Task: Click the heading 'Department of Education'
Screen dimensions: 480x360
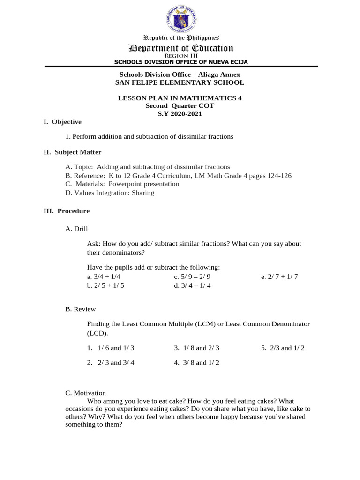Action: (x=181, y=48)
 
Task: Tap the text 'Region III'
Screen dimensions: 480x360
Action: (x=181, y=56)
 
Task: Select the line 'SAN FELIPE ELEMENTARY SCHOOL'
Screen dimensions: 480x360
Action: (x=180, y=82)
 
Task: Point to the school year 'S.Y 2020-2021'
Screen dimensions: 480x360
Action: (x=180, y=113)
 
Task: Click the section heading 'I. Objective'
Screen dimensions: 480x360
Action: (x=62, y=122)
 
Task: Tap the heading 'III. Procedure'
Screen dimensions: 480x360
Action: (x=67, y=211)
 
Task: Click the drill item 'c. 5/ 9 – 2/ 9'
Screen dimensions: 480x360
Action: (x=192, y=277)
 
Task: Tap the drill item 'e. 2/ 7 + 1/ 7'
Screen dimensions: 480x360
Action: (x=279, y=277)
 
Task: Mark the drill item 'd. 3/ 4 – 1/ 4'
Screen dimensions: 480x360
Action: (x=192, y=285)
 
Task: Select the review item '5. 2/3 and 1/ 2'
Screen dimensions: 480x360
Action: (x=283, y=348)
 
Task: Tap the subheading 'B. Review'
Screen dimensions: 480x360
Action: (x=81, y=309)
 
